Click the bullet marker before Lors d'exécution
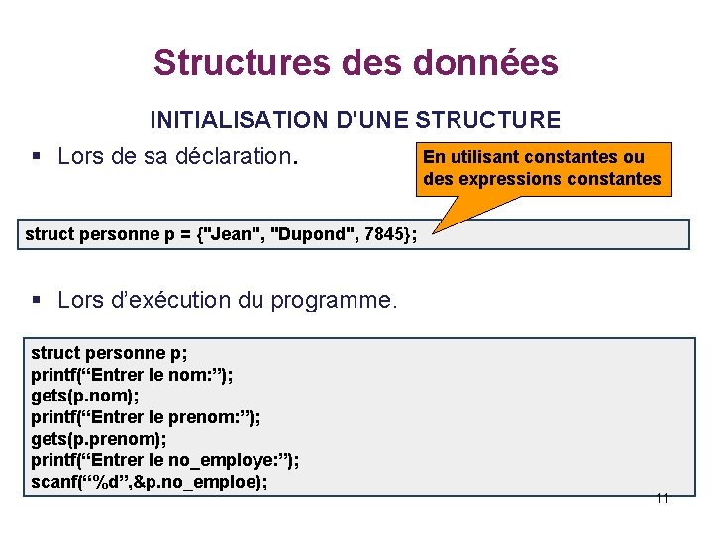(36, 300)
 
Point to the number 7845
(383, 234)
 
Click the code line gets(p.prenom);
(99, 439)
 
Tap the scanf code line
(150, 483)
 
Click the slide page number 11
(662, 498)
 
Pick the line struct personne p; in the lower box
(109, 353)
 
